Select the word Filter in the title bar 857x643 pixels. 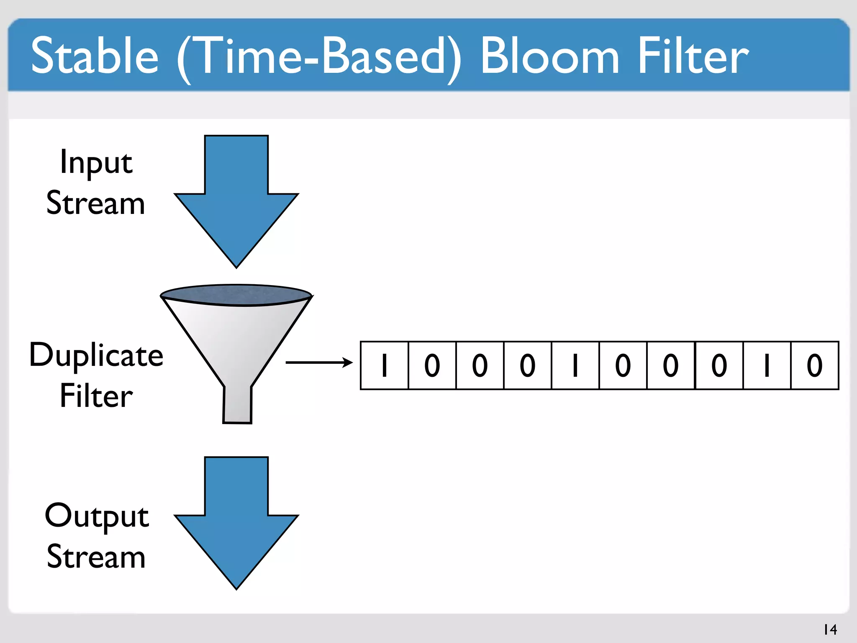tap(693, 56)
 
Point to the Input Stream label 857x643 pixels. tap(96, 182)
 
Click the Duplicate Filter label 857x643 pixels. tap(96, 375)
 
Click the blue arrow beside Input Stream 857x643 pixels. tap(236, 197)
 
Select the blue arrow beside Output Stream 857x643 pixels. tap(236, 519)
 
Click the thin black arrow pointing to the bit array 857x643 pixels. tap(319, 363)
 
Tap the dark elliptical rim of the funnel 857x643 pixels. tap(236, 295)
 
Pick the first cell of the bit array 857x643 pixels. tap(384, 365)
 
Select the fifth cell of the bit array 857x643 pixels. tap(575, 365)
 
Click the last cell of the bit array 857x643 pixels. tap(814, 365)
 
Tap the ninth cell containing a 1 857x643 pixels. tap(767, 365)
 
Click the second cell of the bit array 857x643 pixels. tap(432, 365)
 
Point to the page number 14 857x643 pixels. tap(830, 629)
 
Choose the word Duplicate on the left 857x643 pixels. tap(96, 355)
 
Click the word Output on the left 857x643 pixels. tap(97, 516)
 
